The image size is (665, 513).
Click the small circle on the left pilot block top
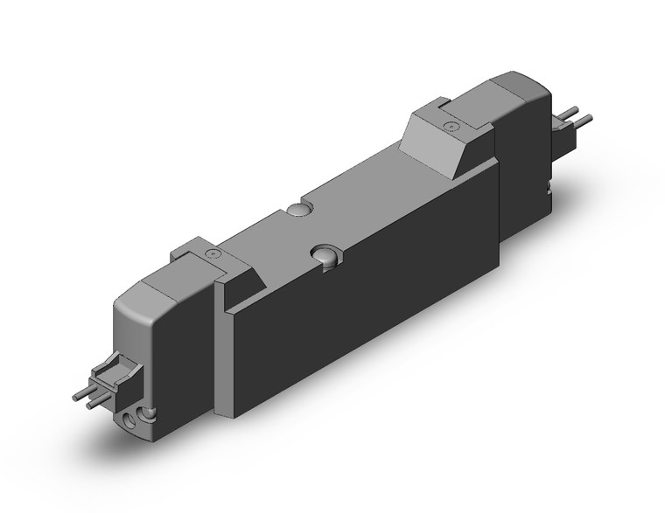210,253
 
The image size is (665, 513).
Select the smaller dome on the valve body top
297,210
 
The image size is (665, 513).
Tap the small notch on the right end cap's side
549,185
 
